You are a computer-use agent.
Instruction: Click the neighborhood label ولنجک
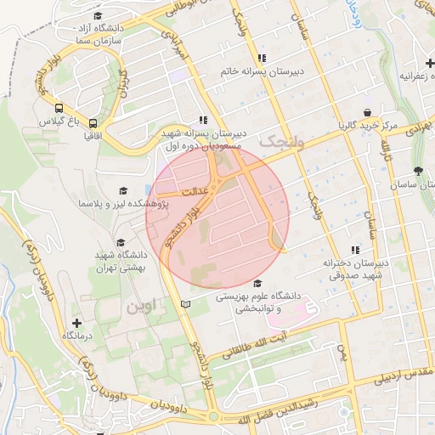tap(280, 141)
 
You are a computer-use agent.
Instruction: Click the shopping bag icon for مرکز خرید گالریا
tap(367, 112)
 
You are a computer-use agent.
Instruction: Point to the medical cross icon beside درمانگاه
tap(77, 323)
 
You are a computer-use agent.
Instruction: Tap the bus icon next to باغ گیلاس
tap(59, 108)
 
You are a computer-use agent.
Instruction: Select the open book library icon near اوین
tap(186, 304)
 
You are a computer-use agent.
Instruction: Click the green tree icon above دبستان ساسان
tap(417, 170)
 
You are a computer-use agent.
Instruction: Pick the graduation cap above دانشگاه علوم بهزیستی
tap(257, 284)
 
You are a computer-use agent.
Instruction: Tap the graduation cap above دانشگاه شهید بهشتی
tap(120, 242)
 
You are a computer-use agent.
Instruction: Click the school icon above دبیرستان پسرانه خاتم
tap(262, 58)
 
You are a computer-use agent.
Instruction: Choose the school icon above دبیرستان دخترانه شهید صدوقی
tap(355, 250)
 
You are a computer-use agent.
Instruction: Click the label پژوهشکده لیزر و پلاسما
tap(123, 204)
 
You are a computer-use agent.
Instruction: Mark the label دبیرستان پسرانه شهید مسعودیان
tap(204, 139)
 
